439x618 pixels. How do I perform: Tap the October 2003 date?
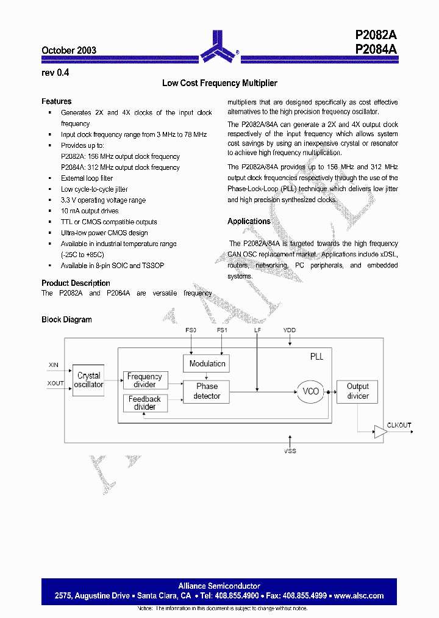point(69,51)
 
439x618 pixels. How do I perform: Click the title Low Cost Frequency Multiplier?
point(220,83)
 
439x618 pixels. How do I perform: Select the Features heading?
point(57,101)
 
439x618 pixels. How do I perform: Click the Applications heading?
point(249,222)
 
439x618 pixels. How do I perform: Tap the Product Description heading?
point(76,283)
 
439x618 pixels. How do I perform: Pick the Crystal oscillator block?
point(89,380)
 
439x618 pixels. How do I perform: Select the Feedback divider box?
point(145,403)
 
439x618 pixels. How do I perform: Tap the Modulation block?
point(207,363)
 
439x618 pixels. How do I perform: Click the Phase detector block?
point(207,391)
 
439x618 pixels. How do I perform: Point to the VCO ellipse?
point(311,391)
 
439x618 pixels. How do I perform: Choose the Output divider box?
point(358,391)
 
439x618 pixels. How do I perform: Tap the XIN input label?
point(54,365)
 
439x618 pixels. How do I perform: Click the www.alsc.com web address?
point(359,596)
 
